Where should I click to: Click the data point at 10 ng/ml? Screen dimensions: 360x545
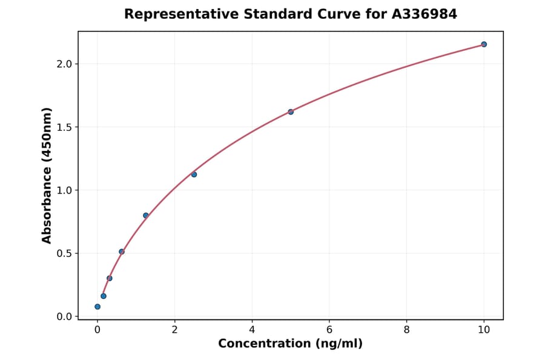[x=484, y=44]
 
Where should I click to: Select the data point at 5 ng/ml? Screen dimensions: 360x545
[x=291, y=112]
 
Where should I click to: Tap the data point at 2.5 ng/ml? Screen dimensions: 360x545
[x=194, y=175]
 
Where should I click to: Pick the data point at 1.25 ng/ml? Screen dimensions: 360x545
[x=146, y=215]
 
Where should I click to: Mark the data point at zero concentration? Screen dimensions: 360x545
[x=97, y=307]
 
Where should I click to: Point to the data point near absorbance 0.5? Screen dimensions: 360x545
[x=122, y=252]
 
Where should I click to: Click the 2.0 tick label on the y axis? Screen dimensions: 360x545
[x=64, y=64]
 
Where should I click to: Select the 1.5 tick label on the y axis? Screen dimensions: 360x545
[x=64, y=127]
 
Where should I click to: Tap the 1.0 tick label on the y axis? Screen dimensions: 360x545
[x=64, y=190]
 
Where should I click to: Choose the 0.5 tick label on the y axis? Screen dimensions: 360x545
[x=64, y=253]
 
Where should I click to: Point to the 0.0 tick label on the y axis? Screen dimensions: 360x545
[x=64, y=316]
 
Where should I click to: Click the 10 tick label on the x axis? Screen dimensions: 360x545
[x=484, y=330]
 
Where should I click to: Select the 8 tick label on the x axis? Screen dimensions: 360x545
[x=406, y=330]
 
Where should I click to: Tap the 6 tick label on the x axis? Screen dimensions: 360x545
[x=329, y=330]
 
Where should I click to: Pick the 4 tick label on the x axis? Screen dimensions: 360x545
[x=252, y=330]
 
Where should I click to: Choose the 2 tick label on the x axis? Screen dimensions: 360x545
[x=174, y=330]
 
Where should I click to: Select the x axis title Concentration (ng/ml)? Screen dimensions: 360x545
[x=290, y=344]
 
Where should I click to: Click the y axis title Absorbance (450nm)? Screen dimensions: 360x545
[x=47, y=175]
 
